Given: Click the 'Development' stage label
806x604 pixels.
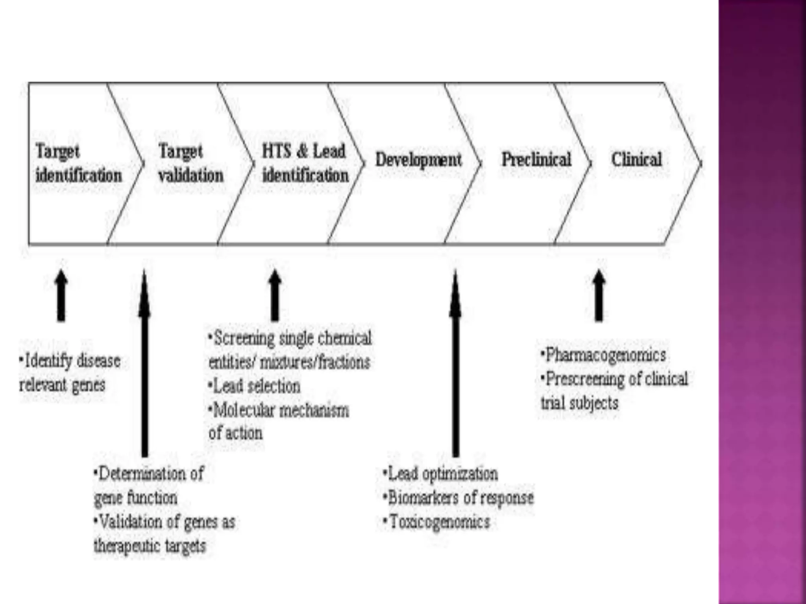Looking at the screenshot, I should tap(418, 160).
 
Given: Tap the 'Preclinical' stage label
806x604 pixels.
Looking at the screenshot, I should tap(536, 159).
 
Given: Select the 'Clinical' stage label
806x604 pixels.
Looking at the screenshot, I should tap(636, 159).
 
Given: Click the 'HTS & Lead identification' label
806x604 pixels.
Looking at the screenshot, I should tap(305, 163).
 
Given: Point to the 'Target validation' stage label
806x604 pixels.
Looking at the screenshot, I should tap(190, 163).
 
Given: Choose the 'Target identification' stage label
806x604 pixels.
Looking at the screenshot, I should tap(78, 163).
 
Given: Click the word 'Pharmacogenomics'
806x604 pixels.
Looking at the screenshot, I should tap(606, 355).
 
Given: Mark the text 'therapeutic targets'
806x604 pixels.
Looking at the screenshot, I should tap(150, 546).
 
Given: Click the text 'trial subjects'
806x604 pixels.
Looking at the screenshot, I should tap(579, 403).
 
